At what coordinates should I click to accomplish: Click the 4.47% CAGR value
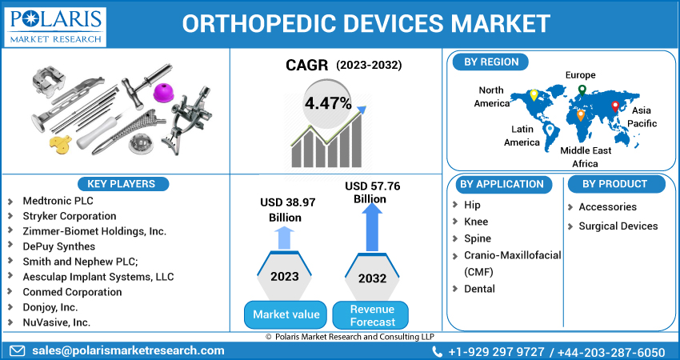[328, 103]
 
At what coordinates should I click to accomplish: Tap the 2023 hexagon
[285, 276]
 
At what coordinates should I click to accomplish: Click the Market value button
[286, 314]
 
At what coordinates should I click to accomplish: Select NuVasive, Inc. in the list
[57, 322]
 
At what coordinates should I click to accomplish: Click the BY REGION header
[490, 62]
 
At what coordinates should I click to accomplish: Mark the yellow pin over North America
[534, 95]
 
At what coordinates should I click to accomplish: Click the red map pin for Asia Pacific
[614, 106]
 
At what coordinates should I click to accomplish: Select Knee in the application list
[476, 222]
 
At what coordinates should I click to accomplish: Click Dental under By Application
[479, 288]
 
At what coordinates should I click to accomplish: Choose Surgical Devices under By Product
[618, 226]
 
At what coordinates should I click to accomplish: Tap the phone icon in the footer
[437, 351]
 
